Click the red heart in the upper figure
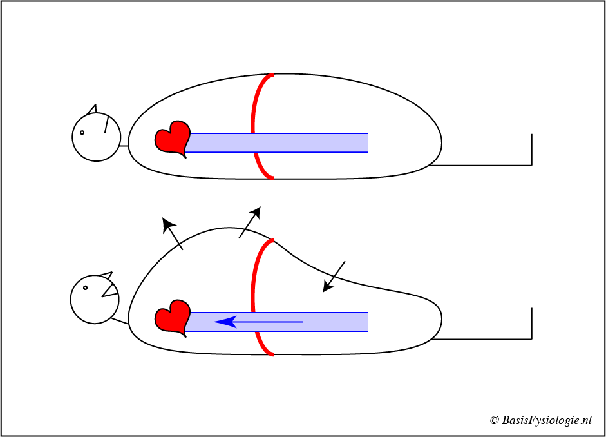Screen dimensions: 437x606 point(172,138)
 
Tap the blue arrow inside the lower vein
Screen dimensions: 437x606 point(258,321)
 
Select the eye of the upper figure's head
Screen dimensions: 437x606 point(82,133)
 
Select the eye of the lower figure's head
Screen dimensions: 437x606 point(85,287)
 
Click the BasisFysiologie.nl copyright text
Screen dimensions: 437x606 point(540,420)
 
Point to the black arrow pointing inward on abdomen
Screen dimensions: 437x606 point(334,277)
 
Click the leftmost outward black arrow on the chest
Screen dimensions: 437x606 point(173,233)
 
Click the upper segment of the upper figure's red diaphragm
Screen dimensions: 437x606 point(256,103)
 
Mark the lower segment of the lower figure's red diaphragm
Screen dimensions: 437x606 point(263,344)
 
